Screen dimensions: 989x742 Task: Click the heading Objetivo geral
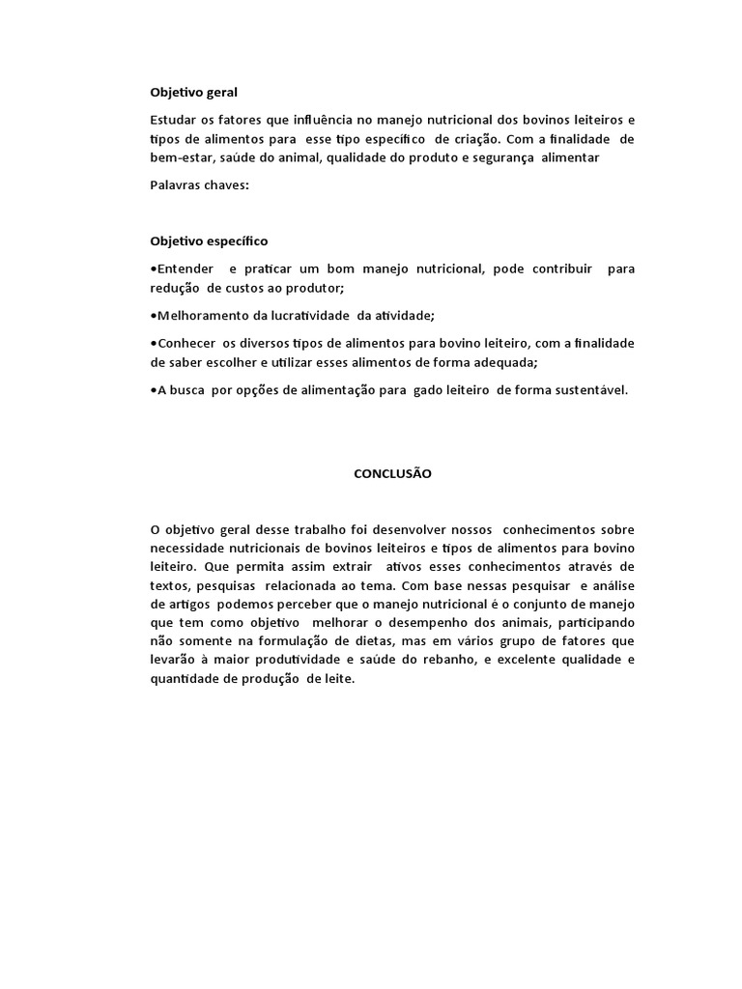click(x=193, y=93)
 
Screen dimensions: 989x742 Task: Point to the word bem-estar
click(x=184, y=157)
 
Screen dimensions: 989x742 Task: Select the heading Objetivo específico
click(x=209, y=240)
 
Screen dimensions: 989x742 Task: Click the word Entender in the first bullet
click(x=184, y=268)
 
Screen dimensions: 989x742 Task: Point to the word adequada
click(x=507, y=361)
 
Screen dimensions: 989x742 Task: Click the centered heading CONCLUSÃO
click(x=392, y=474)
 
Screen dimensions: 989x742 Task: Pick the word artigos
click(x=173, y=605)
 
